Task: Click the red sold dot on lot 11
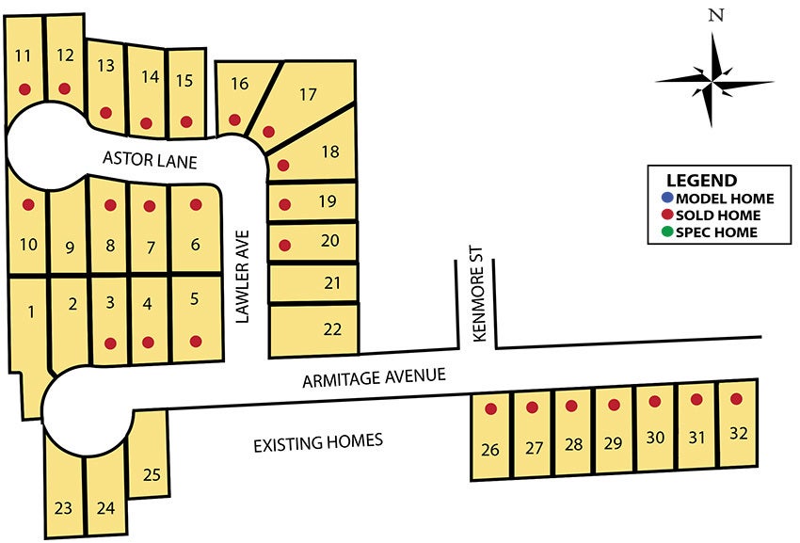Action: tap(24, 89)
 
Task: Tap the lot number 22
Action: tap(332, 329)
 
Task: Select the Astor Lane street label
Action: tap(151, 162)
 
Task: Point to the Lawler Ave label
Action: tap(242, 276)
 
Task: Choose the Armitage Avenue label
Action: tap(374, 378)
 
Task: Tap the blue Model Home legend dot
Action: tap(667, 199)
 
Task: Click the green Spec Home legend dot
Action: tap(667, 232)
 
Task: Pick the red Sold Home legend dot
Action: tap(667, 216)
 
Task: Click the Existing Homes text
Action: tap(318, 440)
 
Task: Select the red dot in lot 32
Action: tap(736, 398)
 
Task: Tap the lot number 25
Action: tap(152, 475)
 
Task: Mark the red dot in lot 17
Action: tap(268, 132)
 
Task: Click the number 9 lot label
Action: tap(69, 248)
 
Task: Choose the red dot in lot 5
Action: tap(196, 341)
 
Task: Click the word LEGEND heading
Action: tap(701, 181)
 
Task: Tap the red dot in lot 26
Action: tap(490, 408)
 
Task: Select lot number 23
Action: tap(63, 509)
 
